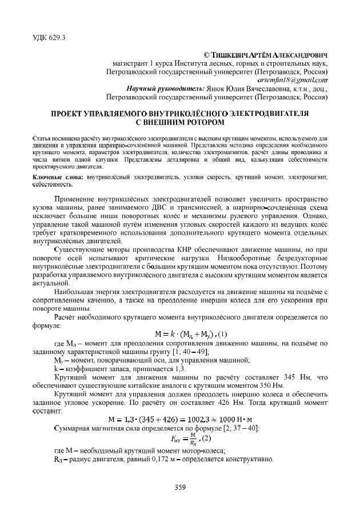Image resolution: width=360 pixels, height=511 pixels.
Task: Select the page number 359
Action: click(180, 486)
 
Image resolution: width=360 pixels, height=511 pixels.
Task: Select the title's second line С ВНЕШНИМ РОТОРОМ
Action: click(180, 122)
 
